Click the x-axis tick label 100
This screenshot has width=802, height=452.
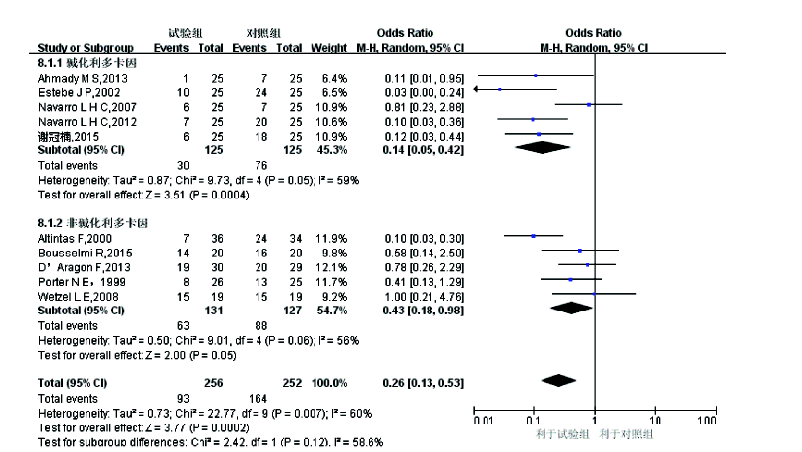pos(705,421)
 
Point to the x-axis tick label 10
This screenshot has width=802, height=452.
pos(656,421)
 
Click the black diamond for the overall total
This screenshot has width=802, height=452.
pos(557,380)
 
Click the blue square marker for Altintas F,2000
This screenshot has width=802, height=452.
pos(534,236)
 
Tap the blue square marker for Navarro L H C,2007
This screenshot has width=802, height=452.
pos(588,103)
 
